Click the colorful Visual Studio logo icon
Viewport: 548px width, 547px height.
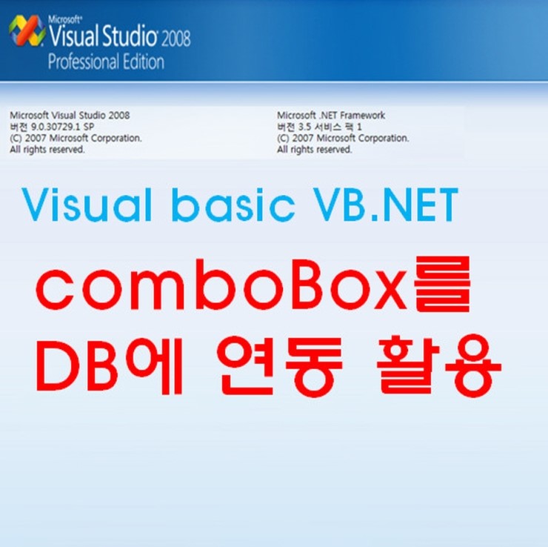pos(27,30)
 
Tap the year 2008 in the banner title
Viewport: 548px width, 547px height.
pos(176,39)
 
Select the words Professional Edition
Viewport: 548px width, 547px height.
pos(106,62)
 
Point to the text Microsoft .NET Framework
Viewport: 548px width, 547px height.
pos(331,116)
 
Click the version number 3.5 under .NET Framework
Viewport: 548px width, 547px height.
pos(304,127)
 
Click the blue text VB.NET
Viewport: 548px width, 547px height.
pos(385,205)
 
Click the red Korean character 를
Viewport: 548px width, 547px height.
pos(442,284)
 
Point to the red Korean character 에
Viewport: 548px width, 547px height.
pos(155,365)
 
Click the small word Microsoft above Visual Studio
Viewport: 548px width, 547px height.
pos(65,19)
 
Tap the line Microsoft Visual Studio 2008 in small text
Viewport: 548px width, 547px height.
pos(70,116)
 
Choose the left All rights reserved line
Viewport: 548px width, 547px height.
pos(47,150)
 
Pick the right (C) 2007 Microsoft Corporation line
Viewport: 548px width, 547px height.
pos(343,138)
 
